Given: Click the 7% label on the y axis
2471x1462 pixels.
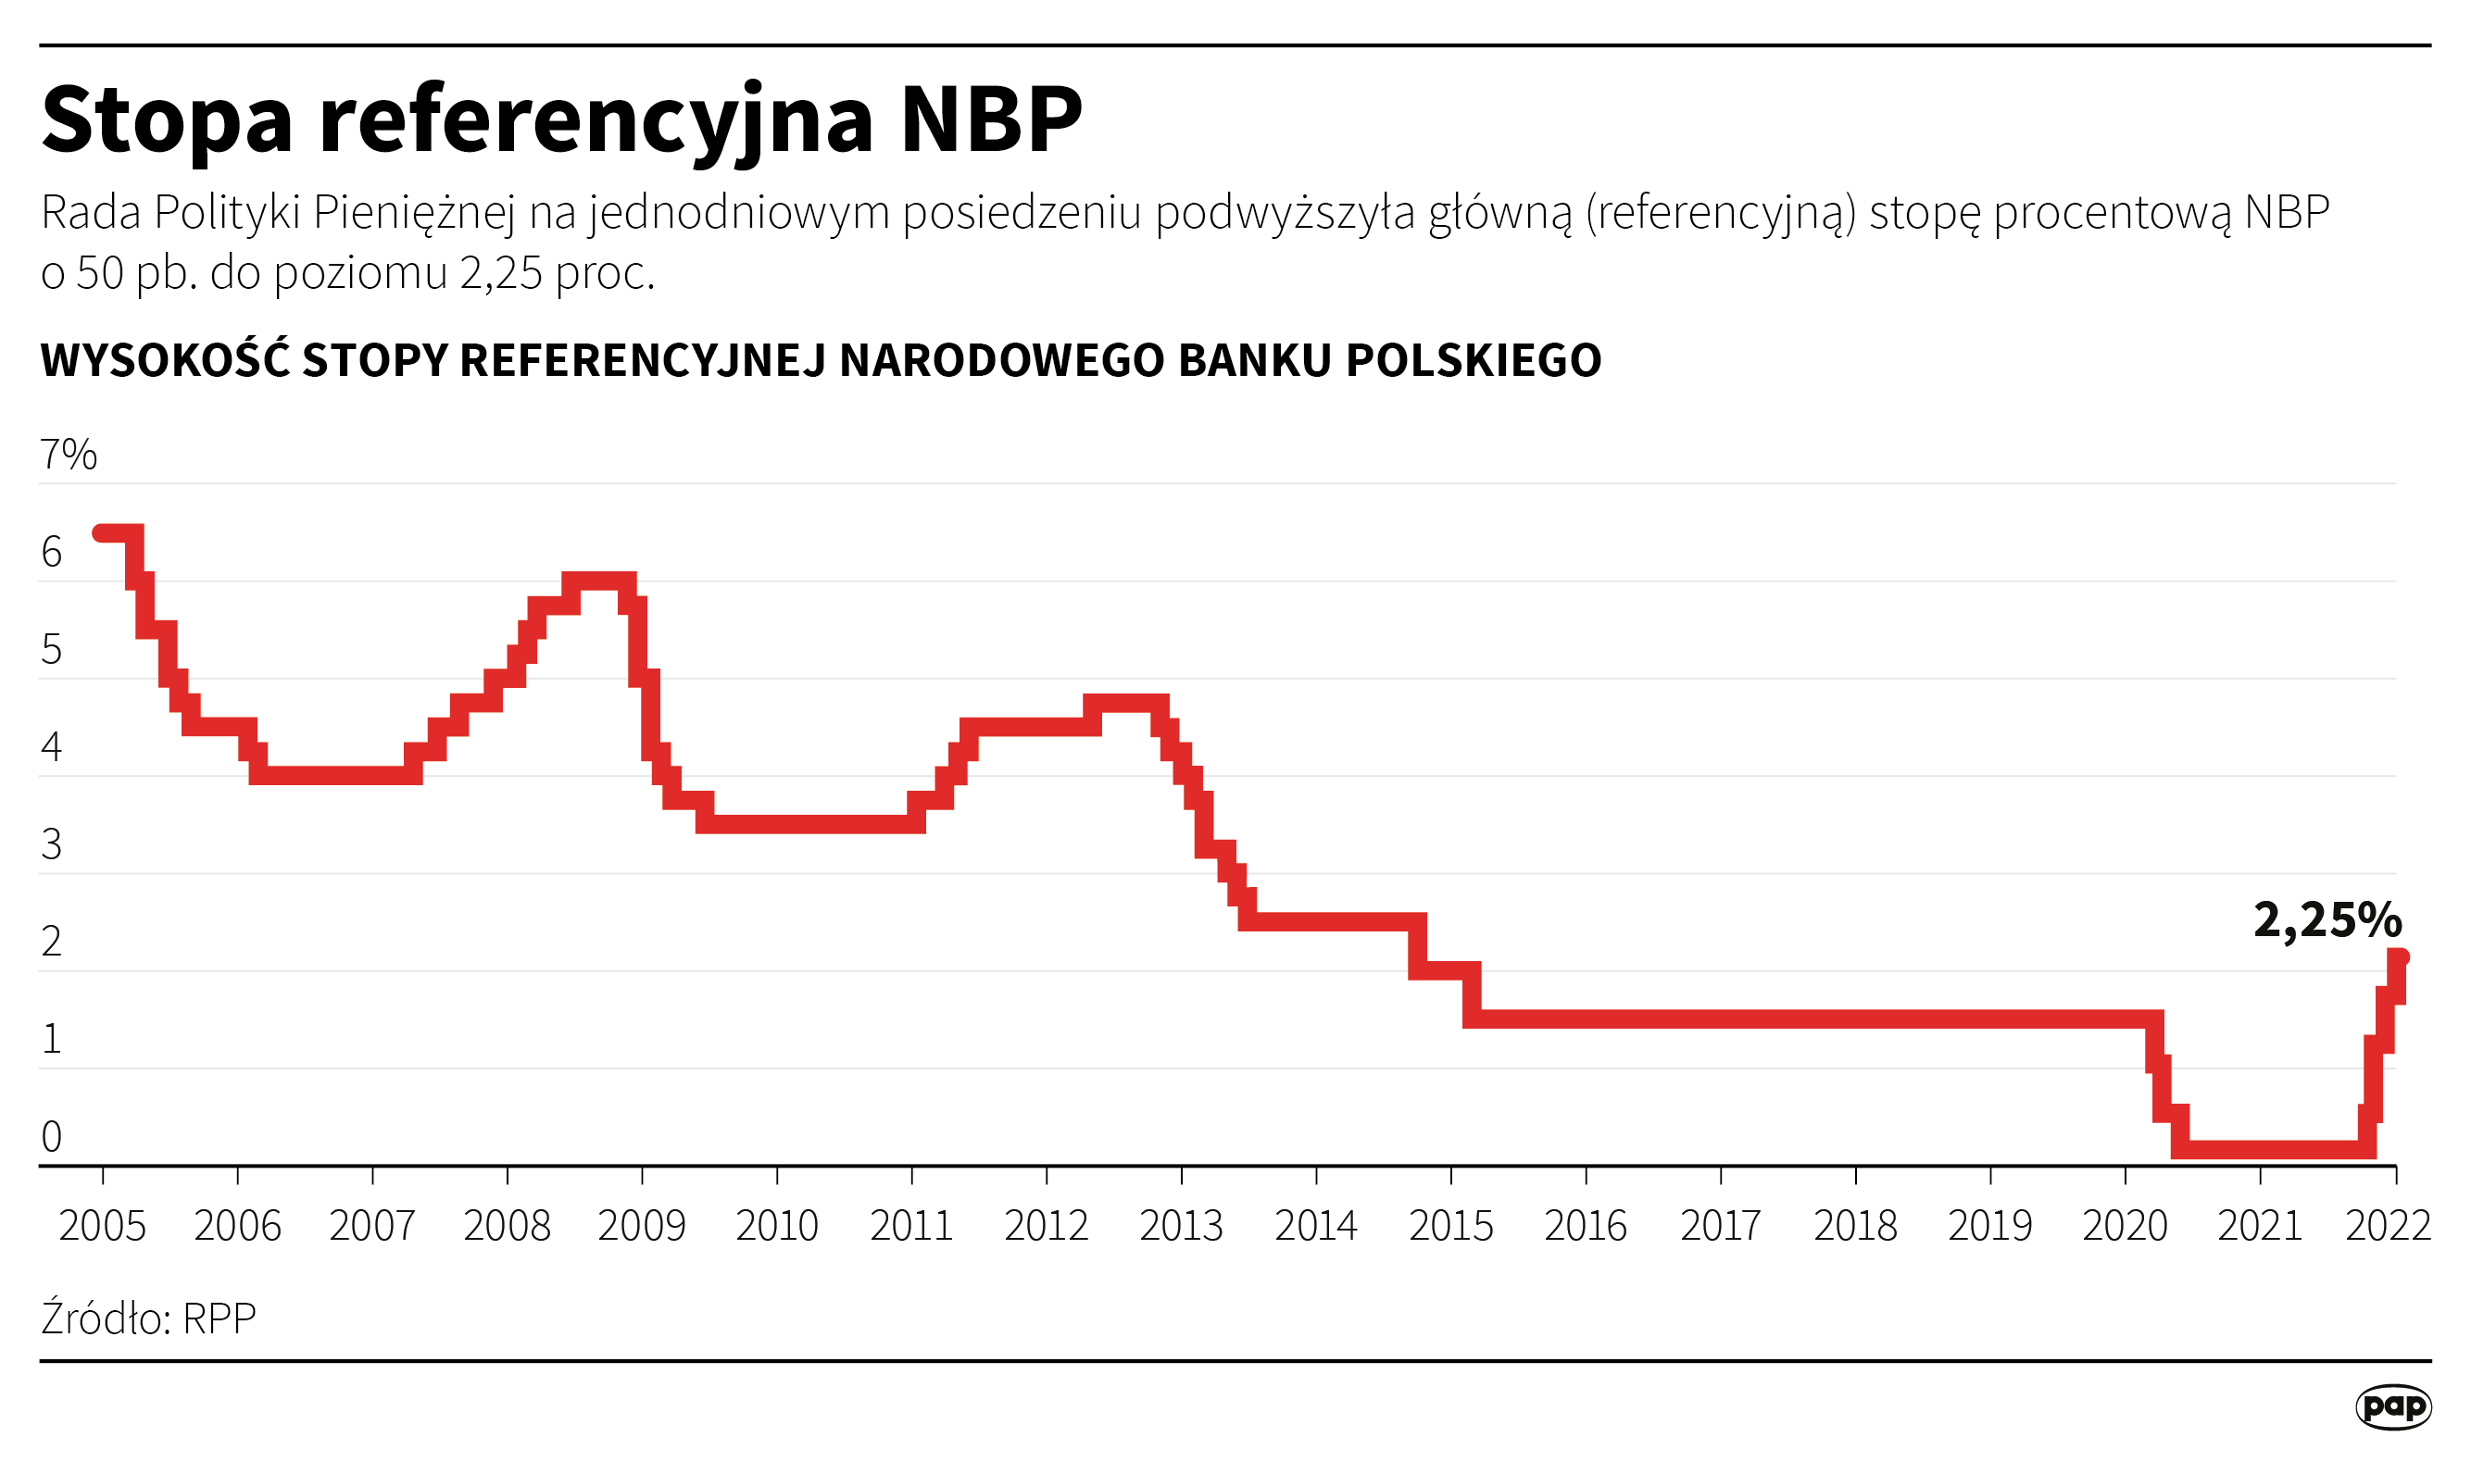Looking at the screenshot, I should pyautogui.click(x=68, y=456).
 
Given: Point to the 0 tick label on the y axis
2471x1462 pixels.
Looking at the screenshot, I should pyautogui.click(x=51, y=1137).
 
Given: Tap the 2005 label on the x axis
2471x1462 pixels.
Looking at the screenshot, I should pyautogui.click(x=102, y=1227).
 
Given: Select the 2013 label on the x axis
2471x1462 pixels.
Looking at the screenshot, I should pyautogui.click(x=1180, y=1227).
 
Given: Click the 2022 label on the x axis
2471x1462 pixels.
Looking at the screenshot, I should pyautogui.click(x=2389, y=1227).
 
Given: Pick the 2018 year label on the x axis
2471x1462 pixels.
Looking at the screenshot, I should pyautogui.click(x=1855, y=1227).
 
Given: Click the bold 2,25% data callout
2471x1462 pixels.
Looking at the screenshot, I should pyautogui.click(x=2327, y=920).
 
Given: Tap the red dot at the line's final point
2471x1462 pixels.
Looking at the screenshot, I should pyautogui.click(x=2401, y=956).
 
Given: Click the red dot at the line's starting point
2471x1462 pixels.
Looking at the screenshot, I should pyautogui.click(x=99, y=533).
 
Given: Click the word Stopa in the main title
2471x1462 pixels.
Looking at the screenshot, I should pyautogui.click(x=168, y=120).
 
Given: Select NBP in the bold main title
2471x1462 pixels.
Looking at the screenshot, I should pyautogui.click(x=991, y=120).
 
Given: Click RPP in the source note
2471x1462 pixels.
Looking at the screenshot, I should pyautogui.click(x=219, y=1318).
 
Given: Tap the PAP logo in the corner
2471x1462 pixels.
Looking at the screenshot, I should pyautogui.click(x=2393, y=1406).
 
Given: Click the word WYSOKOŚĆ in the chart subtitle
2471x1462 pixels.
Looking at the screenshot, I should pyautogui.click(x=165, y=359).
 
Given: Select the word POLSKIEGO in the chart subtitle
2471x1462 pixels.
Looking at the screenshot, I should pyautogui.click(x=1473, y=360).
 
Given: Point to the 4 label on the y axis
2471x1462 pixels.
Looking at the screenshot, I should pyautogui.click(x=51, y=747).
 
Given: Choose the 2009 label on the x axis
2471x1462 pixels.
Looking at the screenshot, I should pyautogui.click(x=642, y=1227).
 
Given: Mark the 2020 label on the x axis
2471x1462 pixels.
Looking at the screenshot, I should pyautogui.click(x=2125, y=1227).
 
